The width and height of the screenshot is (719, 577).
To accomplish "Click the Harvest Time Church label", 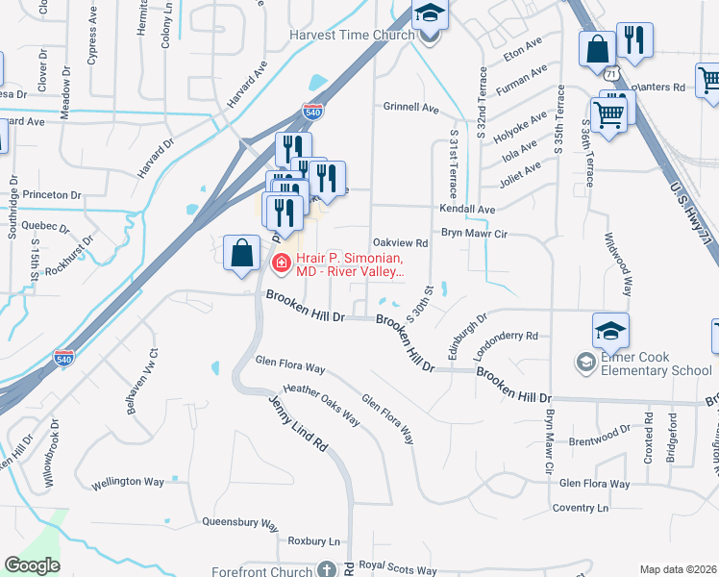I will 352,35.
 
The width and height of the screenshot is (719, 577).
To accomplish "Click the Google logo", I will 32,565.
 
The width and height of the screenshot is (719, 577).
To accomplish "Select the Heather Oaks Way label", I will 321,405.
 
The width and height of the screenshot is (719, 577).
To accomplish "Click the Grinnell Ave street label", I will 410,107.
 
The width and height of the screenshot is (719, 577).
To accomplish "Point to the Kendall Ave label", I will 466,209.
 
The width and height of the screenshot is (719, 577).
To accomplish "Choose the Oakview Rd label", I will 399,243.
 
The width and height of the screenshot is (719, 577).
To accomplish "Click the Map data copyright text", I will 679,569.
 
